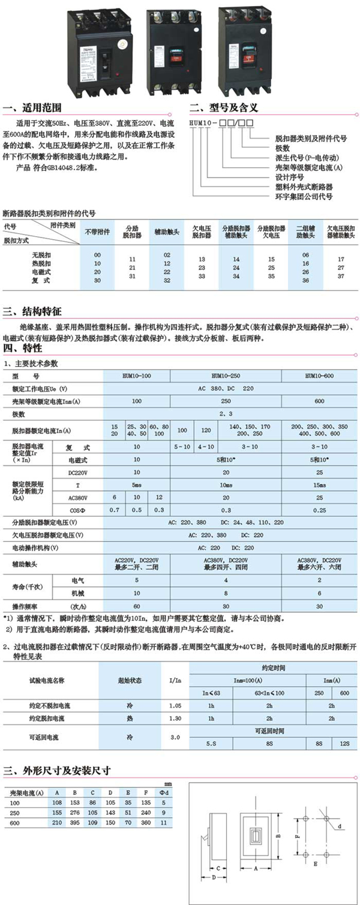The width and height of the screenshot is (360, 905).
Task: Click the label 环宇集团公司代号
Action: pos(304,196)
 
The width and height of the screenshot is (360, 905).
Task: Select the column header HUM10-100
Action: pos(137,376)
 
